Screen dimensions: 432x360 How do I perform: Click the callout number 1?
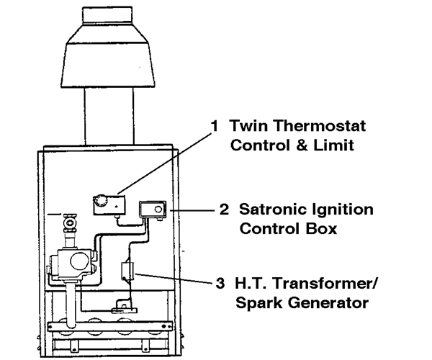pyautogui.click(x=214, y=126)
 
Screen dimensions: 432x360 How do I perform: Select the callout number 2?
pyautogui.click(x=224, y=210)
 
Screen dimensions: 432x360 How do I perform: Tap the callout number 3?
pyautogui.click(x=220, y=283)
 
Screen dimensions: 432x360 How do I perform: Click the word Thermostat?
pyautogui.click(x=320, y=125)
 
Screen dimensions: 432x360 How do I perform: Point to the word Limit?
pyautogui.click(x=333, y=145)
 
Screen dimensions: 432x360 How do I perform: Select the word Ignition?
pyautogui.click(x=343, y=211)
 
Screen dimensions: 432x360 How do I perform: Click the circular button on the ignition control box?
pyautogui.click(x=158, y=210)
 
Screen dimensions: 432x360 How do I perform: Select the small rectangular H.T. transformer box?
pyautogui.click(x=127, y=271)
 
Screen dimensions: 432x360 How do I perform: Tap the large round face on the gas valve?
pyautogui.click(x=80, y=261)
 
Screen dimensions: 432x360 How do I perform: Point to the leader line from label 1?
pyautogui.click(x=165, y=163)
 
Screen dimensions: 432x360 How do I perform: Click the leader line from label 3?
pyautogui.click(x=175, y=278)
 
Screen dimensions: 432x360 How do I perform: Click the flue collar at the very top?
pyautogui.click(x=107, y=16)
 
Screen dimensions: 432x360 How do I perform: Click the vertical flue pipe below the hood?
pyautogui.click(x=109, y=116)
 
